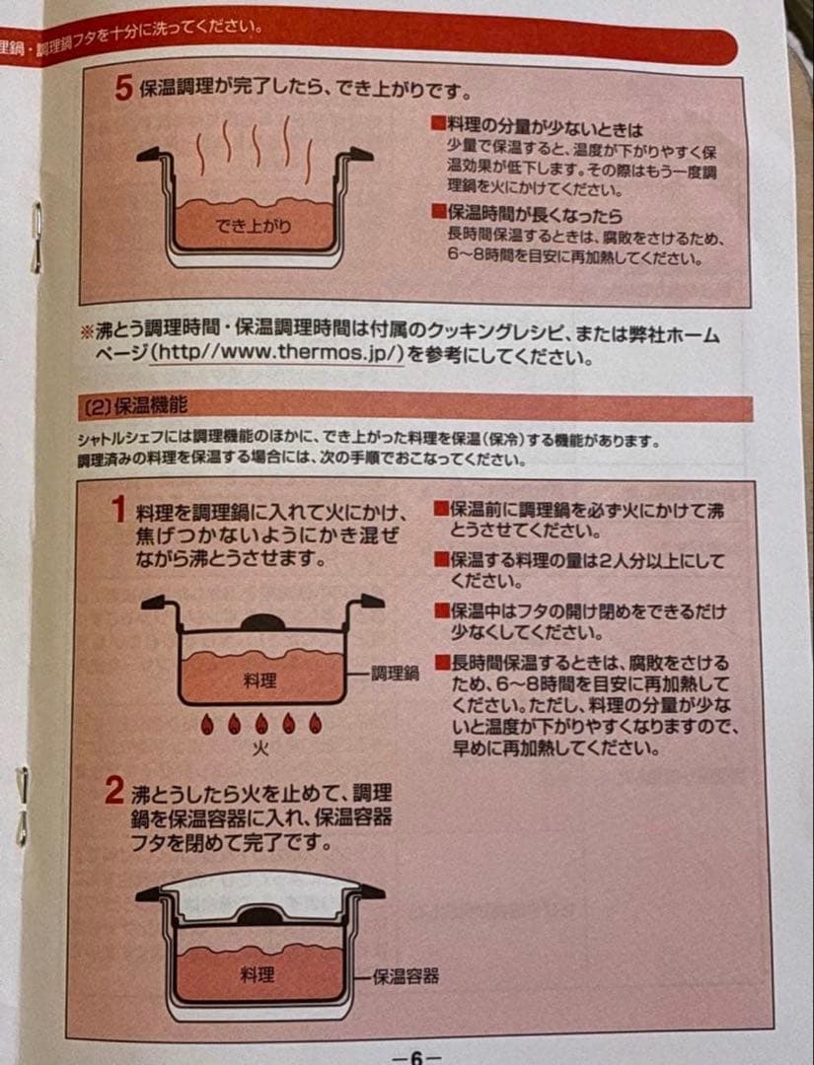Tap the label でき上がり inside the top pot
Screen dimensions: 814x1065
click(x=253, y=226)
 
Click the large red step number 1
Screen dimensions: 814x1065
click(x=119, y=510)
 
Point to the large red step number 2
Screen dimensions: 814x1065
click(x=114, y=791)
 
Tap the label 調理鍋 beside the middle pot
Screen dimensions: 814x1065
click(x=395, y=674)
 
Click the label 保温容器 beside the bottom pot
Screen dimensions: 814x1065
click(x=406, y=976)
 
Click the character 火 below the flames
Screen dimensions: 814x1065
click(x=260, y=748)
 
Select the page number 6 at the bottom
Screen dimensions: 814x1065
click(x=416, y=1057)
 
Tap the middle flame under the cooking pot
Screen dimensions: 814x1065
click(x=260, y=724)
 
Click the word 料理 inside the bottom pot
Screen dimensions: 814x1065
click(x=257, y=975)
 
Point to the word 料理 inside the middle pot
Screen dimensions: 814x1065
click(x=259, y=680)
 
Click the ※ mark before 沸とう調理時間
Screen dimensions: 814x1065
click(x=87, y=332)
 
